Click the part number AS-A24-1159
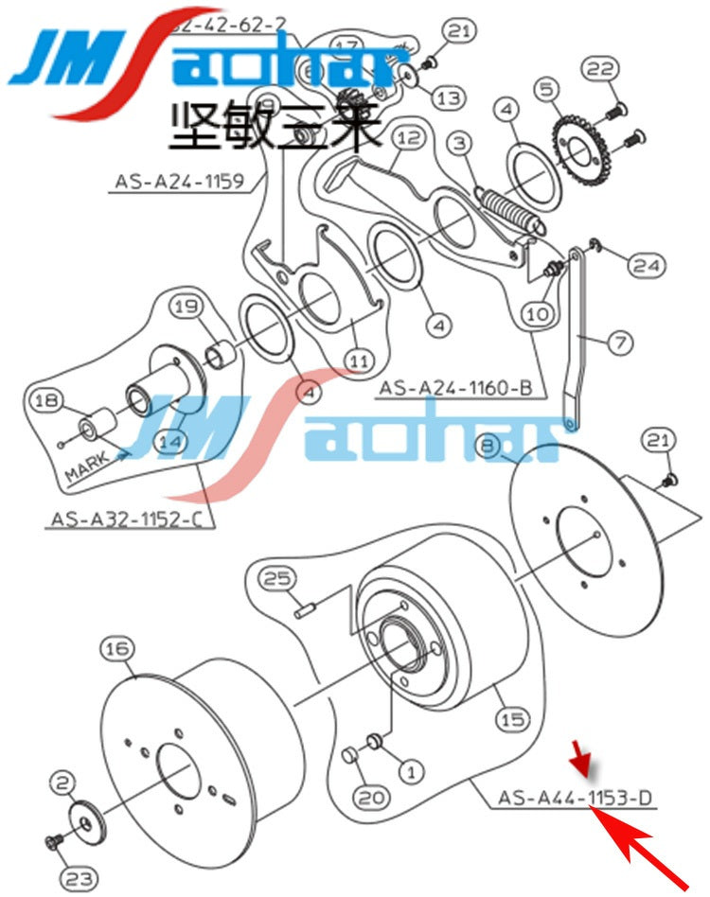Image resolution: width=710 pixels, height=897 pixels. [x=180, y=181]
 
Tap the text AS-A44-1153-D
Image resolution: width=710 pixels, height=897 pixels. [x=576, y=798]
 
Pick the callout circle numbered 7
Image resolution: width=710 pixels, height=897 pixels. [x=620, y=342]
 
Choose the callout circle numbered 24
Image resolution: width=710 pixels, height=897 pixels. [x=648, y=266]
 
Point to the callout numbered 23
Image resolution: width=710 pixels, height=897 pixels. [x=79, y=877]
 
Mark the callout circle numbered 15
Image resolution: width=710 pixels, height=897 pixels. [x=512, y=719]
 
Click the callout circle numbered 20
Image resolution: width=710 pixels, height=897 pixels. [x=374, y=798]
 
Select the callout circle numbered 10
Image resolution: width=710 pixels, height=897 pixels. [x=536, y=311]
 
